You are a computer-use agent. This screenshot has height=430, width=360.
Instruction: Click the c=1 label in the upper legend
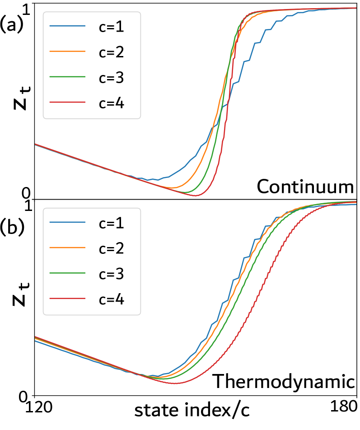point(111,27)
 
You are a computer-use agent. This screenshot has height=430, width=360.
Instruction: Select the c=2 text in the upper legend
point(111,52)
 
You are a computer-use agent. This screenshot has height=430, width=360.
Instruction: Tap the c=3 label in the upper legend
point(111,78)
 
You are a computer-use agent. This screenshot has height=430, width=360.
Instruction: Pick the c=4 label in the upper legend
point(111,103)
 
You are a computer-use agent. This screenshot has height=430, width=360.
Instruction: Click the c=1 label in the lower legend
point(111,223)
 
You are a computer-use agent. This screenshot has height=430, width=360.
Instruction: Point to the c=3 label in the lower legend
point(111,274)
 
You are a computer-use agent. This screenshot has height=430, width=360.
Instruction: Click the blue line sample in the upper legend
point(67,26)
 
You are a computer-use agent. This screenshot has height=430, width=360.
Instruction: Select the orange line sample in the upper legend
point(67,51)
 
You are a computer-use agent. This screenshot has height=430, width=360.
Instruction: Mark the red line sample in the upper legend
point(67,103)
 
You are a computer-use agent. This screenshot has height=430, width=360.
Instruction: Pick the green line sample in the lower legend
point(67,273)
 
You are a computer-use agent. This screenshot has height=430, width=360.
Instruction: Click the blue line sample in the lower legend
point(67,222)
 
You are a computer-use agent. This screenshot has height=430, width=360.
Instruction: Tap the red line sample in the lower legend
point(67,299)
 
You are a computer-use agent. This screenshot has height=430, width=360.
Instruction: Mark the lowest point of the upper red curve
point(195,196)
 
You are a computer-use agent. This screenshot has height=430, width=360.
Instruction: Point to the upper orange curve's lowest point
point(172,187)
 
